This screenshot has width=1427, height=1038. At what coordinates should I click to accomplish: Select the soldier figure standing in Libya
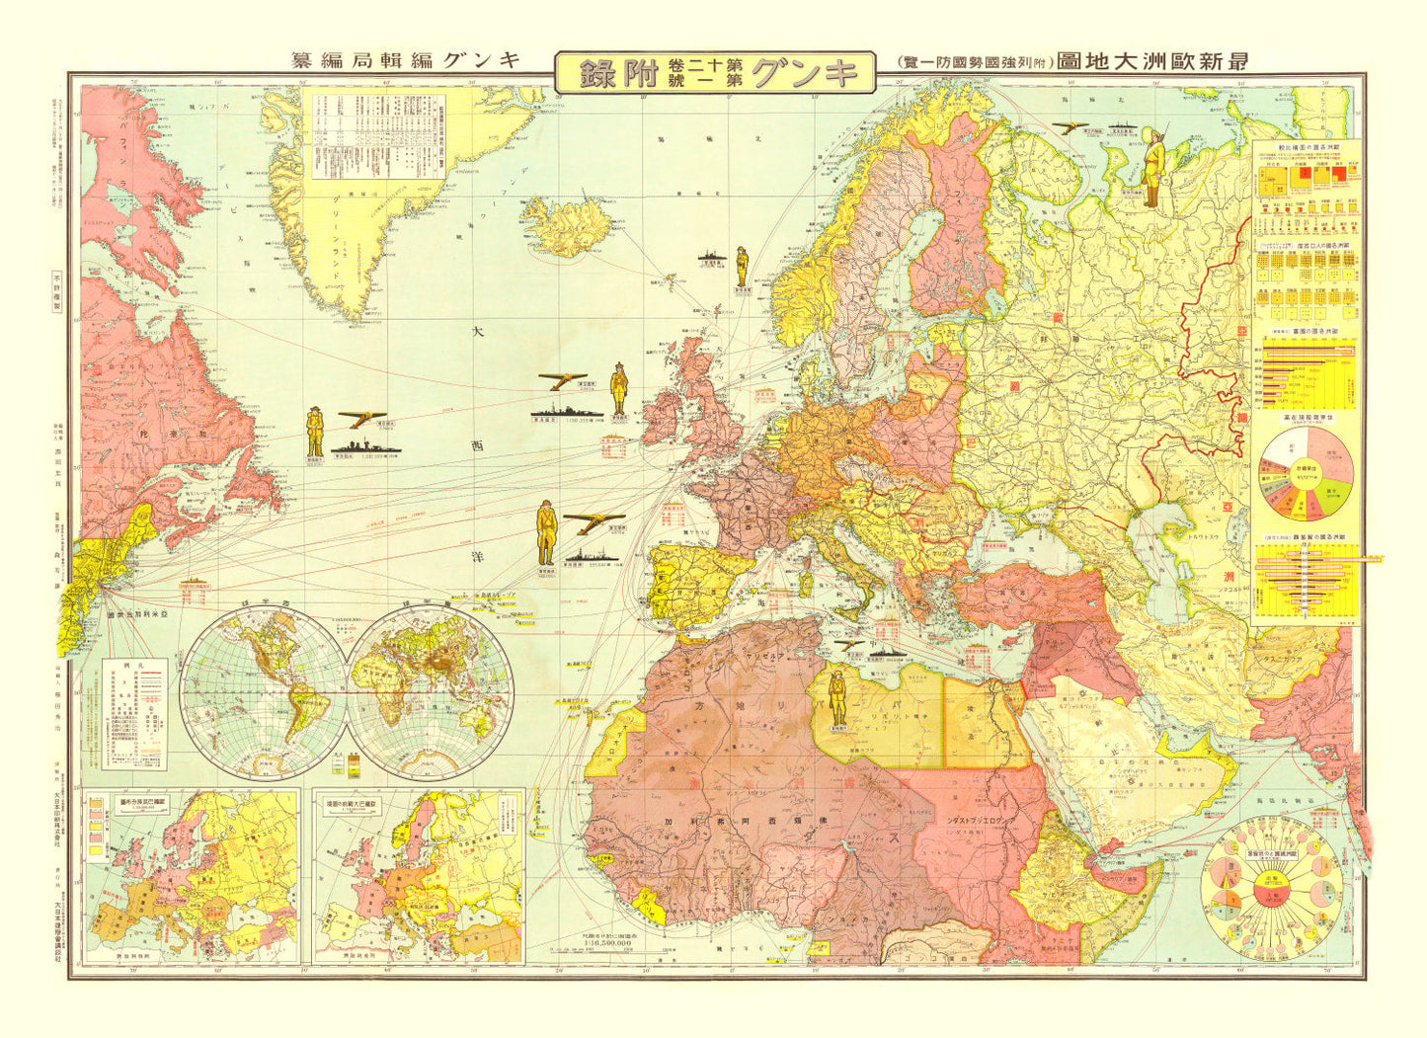(x=837, y=698)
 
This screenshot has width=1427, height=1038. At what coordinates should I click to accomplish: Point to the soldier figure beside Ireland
(x=619, y=389)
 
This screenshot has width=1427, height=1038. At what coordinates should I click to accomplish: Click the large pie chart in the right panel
(x=1309, y=476)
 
